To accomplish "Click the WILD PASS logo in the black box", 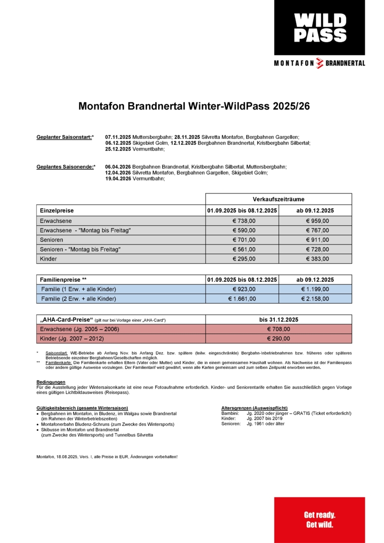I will (x=320, y=27).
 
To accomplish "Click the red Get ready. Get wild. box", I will (x=319, y=520).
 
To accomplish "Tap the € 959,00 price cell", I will (x=317, y=221).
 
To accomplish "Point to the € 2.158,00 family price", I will (x=317, y=299).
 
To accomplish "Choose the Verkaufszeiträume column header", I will (x=278, y=199).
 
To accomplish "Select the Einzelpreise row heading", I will (x=57, y=210).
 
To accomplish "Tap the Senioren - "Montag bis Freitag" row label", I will (x=80, y=249).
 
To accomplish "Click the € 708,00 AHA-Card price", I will (x=278, y=329).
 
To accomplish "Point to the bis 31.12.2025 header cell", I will (x=278, y=319).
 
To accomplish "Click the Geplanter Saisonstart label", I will (x=65, y=137).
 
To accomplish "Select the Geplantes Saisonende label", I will (x=66, y=167).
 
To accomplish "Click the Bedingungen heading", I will (x=51, y=382).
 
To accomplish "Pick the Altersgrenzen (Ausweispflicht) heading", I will (x=255, y=408).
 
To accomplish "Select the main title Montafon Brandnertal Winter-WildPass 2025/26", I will (x=194, y=107).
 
